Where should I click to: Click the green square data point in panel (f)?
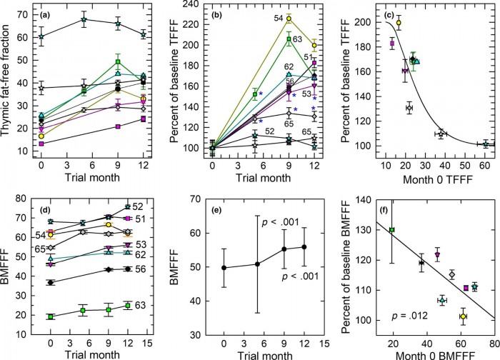392,229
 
